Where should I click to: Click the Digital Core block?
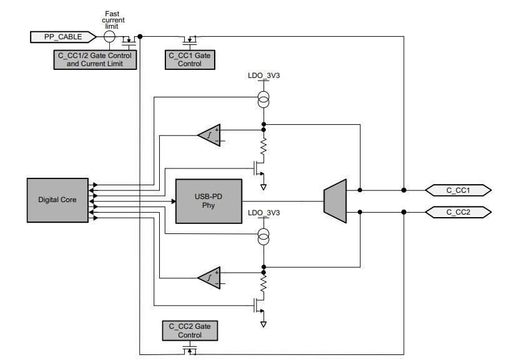[x=57, y=200]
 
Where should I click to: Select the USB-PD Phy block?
[x=209, y=201]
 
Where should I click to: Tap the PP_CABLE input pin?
[x=63, y=37]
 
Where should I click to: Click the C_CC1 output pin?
[x=458, y=190]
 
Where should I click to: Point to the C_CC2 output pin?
[x=458, y=212]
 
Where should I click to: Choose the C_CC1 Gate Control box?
[x=190, y=60]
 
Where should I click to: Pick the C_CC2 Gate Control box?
[x=190, y=331]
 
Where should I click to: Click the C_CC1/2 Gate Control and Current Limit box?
[x=95, y=60]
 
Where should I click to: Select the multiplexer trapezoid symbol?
[x=335, y=201]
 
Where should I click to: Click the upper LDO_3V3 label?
[x=263, y=75]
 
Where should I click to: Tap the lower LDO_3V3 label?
[x=263, y=213]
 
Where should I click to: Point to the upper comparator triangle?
[x=209, y=135]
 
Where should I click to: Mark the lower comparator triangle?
[x=209, y=278]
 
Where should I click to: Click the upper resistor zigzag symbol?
[x=263, y=147]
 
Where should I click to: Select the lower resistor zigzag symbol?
[x=263, y=283]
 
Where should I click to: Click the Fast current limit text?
[x=113, y=20]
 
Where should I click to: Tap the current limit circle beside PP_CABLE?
[x=109, y=37]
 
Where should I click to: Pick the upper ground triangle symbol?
[x=263, y=187]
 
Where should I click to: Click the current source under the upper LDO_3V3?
[x=263, y=99]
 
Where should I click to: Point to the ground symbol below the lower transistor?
[x=263, y=324]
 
